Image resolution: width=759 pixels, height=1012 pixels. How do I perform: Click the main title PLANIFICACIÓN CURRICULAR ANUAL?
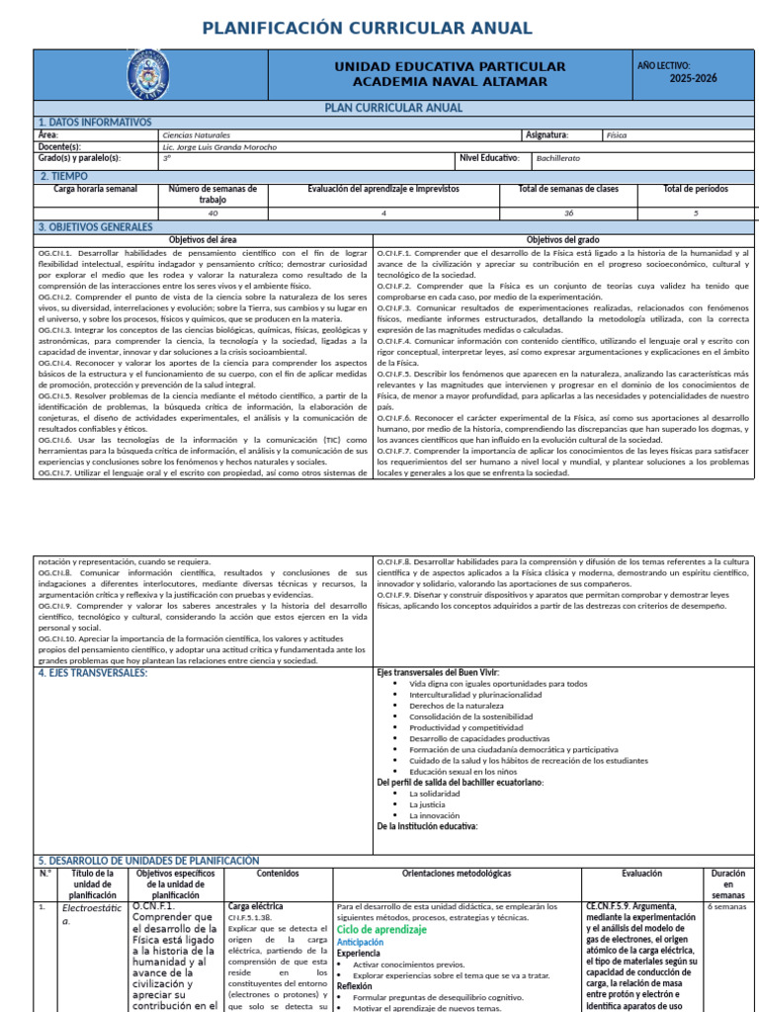tap(379, 28)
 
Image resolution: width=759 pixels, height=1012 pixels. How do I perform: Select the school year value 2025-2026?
tap(693, 79)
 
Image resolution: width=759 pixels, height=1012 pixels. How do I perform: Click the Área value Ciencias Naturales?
tap(196, 134)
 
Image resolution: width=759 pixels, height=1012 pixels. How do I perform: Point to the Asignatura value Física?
tap(617, 134)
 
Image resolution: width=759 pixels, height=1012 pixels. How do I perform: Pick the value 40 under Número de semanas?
tap(212, 212)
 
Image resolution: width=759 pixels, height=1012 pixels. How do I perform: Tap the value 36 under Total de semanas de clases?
tap(568, 212)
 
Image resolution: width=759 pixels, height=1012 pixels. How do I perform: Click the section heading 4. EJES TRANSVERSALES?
tap(92, 673)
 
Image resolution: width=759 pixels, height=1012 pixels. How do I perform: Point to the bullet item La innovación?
tap(434, 815)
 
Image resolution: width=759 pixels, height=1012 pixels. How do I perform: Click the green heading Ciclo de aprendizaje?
tap(381, 930)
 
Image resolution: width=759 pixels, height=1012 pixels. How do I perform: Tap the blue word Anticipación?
tap(360, 942)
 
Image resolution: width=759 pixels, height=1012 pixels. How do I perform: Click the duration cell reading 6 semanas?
tap(728, 906)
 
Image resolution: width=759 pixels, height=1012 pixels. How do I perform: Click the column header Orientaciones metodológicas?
tap(457, 874)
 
